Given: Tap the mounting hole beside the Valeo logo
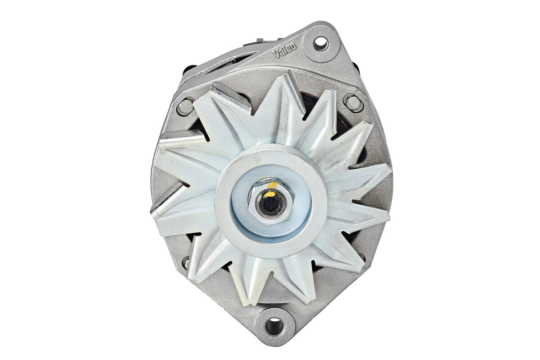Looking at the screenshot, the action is [321, 44].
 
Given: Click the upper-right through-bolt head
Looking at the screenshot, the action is [353, 103].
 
